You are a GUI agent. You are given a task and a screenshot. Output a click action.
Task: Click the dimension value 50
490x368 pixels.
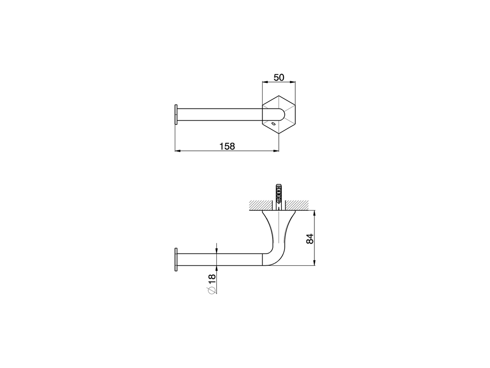click(x=279, y=77)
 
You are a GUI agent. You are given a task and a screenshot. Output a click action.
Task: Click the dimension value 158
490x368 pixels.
click(x=227, y=146)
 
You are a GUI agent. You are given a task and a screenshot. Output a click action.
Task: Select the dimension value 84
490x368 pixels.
click(x=310, y=238)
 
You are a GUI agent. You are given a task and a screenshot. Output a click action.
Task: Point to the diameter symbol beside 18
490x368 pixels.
click(x=211, y=290)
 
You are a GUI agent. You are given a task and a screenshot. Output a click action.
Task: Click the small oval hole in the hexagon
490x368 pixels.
click(x=273, y=124)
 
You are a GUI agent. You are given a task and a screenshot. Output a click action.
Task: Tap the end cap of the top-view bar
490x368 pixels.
click(x=176, y=114)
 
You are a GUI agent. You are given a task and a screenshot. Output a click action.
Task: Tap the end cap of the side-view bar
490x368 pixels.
click(x=176, y=260)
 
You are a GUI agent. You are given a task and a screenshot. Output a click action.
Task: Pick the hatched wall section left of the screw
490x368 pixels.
click(x=260, y=204)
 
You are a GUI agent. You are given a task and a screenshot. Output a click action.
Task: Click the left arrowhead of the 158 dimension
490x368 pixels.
click(x=177, y=151)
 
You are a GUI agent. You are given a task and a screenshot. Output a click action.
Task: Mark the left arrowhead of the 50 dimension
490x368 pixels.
click(x=264, y=82)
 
